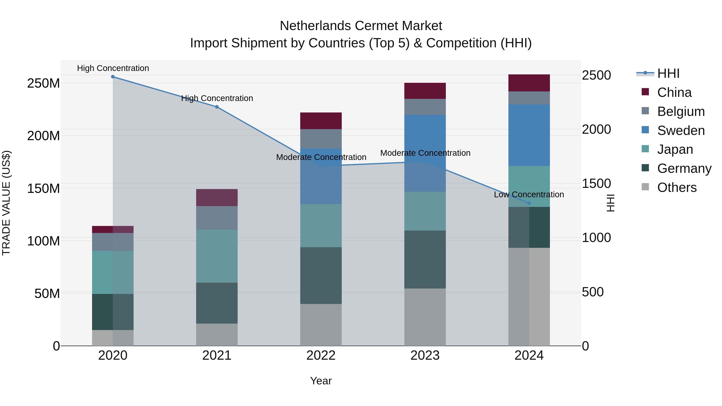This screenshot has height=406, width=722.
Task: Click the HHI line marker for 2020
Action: [113, 77]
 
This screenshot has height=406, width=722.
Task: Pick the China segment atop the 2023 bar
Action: [425, 91]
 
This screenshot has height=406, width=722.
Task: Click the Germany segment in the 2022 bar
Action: [321, 275]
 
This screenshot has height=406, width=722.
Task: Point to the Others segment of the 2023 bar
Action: [425, 317]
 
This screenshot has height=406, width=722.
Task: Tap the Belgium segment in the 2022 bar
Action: [321, 139]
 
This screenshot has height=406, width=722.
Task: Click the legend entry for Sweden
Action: [680, 131]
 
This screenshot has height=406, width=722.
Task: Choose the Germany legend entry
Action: [684, 168]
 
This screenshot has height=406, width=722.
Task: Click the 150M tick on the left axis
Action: [44, 188]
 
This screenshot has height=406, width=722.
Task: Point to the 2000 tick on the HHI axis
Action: [596, 130]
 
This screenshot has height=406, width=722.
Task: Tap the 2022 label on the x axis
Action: [321, 355]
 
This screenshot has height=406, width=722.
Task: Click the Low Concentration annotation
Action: [529, 194]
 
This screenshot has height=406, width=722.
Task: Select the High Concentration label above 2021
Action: [217, 98]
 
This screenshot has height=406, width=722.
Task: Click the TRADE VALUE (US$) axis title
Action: [6, 203]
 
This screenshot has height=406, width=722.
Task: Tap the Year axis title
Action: [321, 381]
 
